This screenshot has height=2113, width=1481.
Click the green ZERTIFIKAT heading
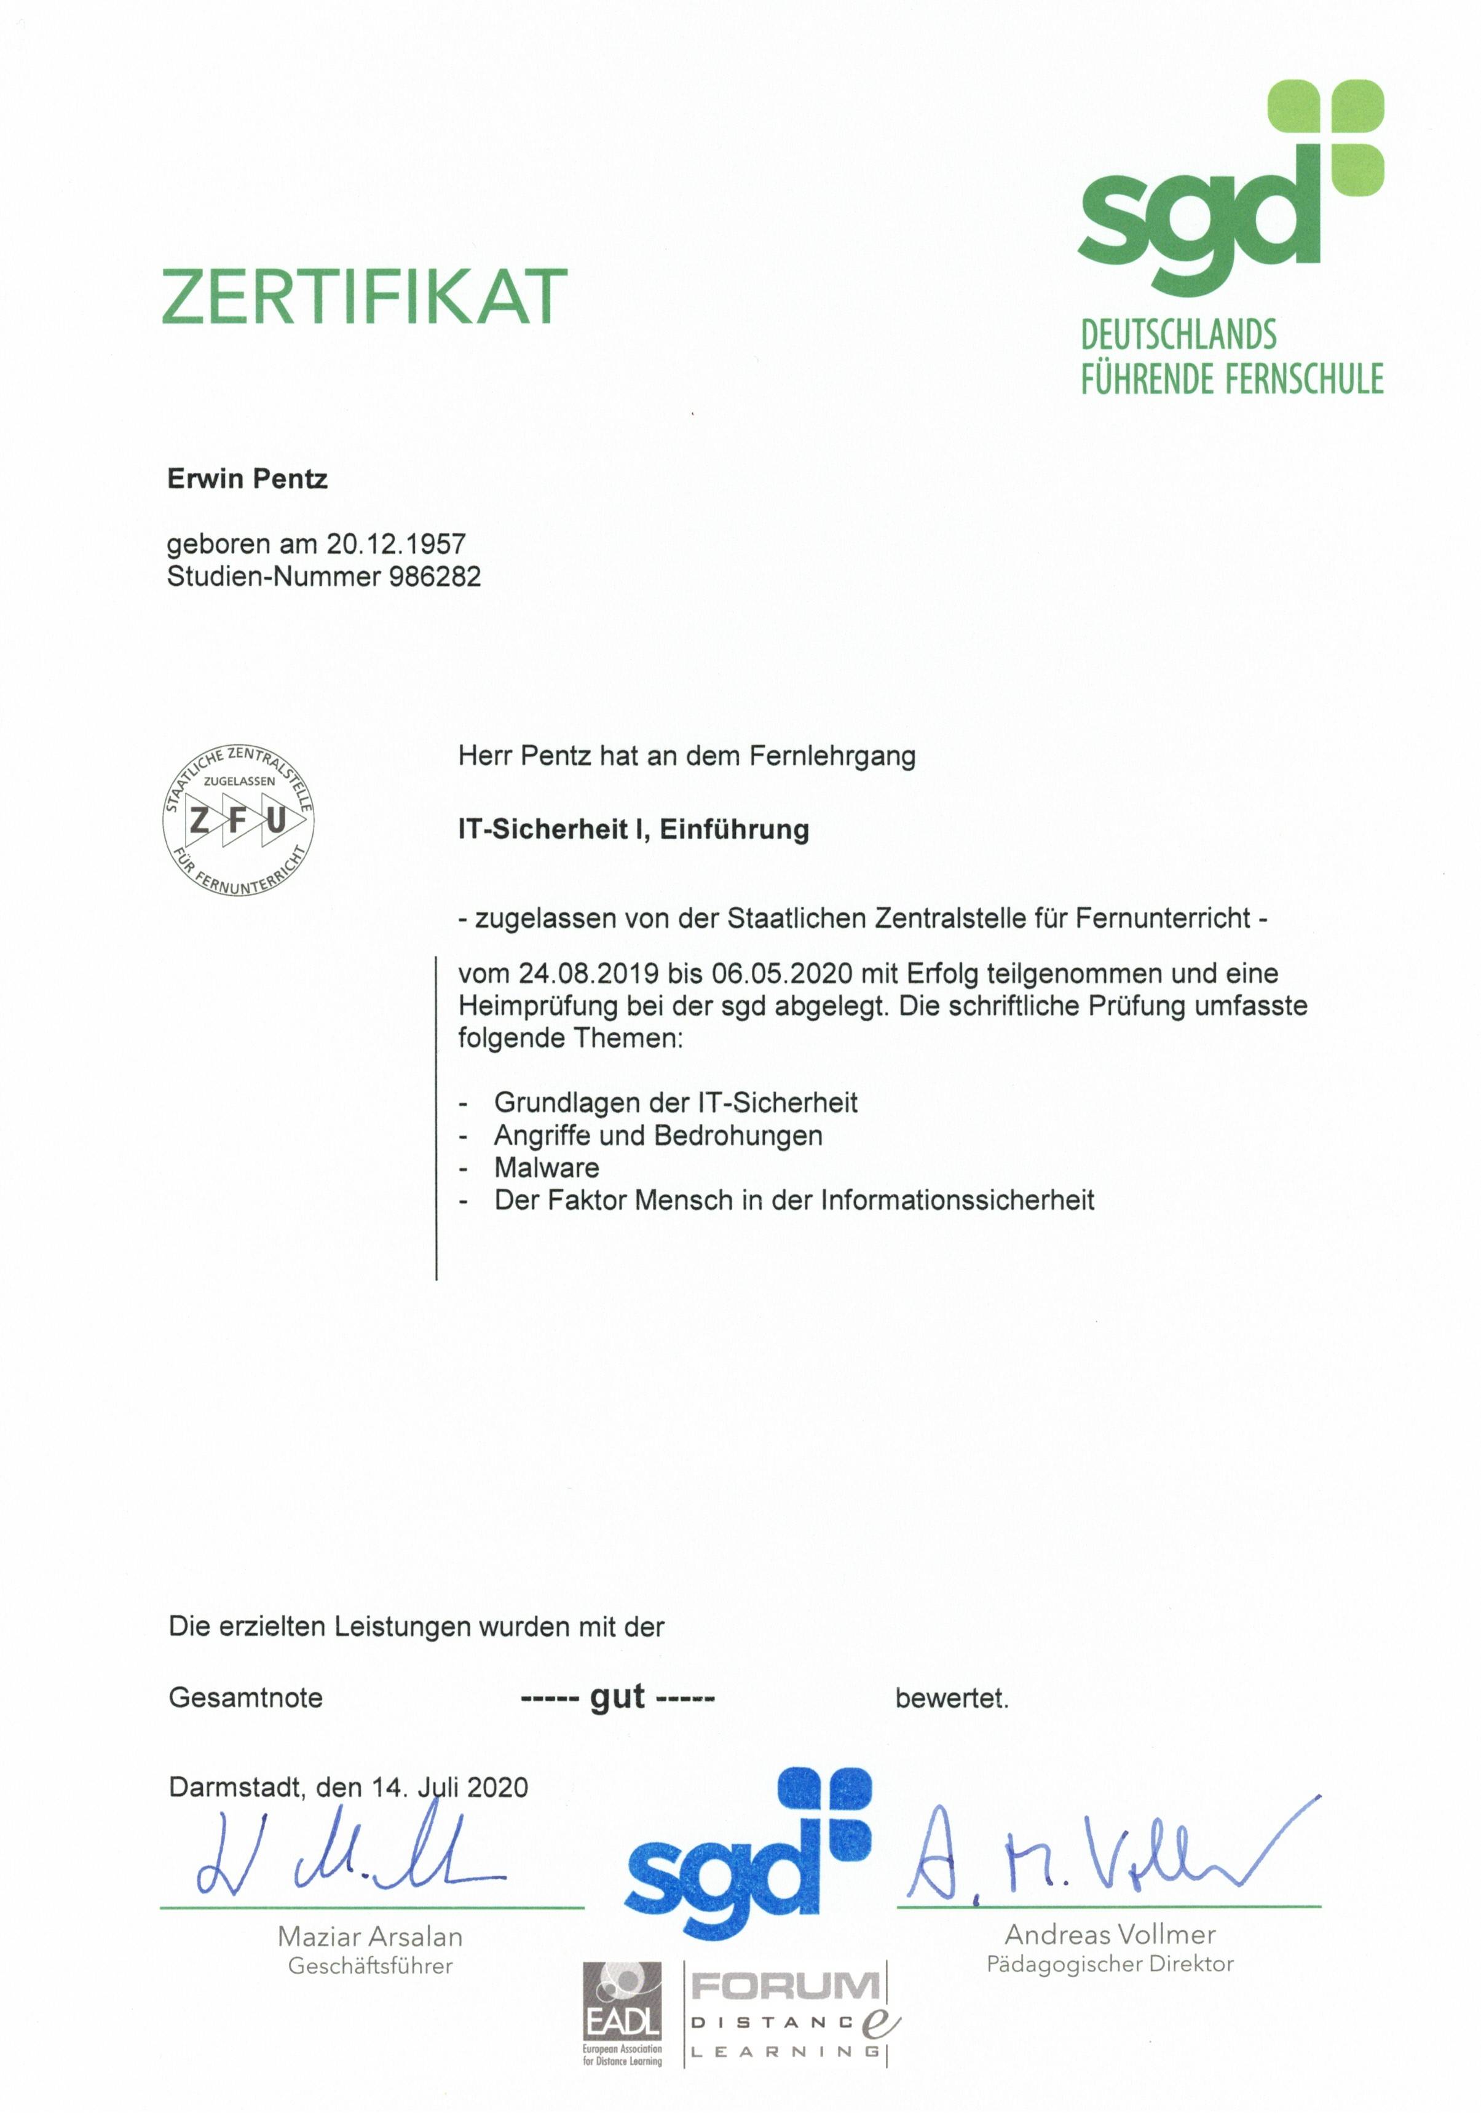(365, 296)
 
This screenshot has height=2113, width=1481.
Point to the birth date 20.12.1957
(396, 544)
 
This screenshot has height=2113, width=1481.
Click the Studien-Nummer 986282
(435, 577)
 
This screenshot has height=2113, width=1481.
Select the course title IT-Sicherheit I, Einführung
(633, 830)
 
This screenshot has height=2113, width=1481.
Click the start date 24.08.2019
(588, 974)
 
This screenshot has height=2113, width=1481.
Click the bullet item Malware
(546, 1168)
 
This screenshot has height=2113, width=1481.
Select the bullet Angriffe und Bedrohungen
(658, 1135)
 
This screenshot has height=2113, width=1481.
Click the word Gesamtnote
(246, 1698)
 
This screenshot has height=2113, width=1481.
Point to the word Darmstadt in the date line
(235, 1787)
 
